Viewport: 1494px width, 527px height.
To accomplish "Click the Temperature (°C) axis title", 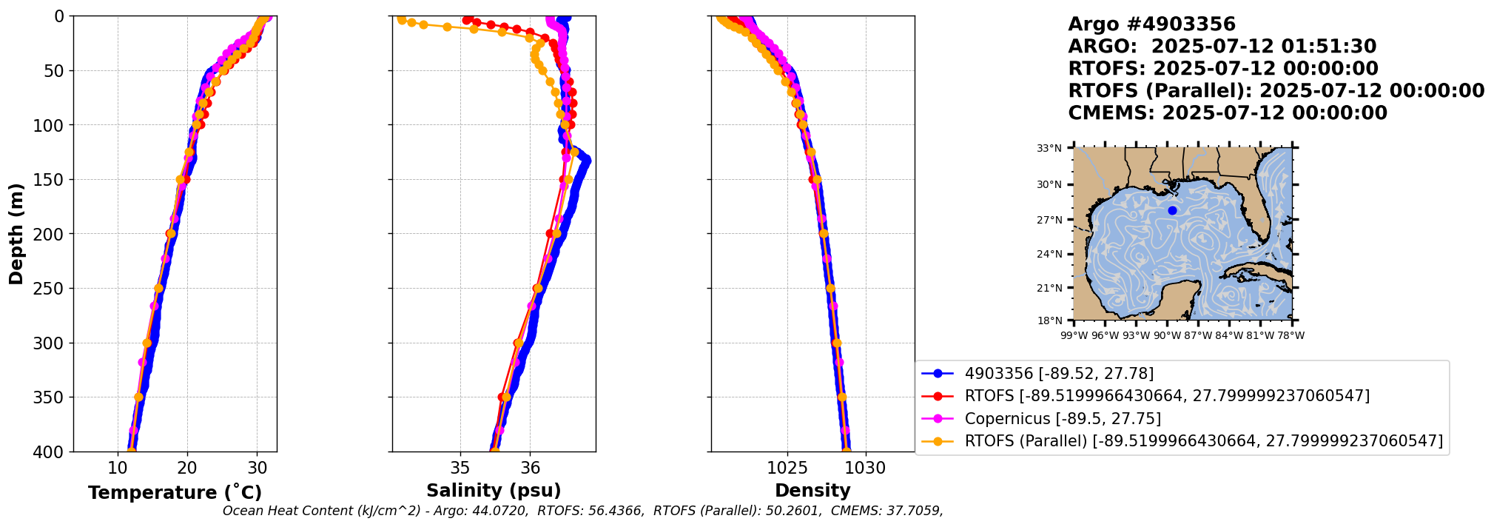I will [175, 493].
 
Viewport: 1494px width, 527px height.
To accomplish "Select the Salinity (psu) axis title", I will [494, 491].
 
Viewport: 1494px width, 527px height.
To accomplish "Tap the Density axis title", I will [812, 491].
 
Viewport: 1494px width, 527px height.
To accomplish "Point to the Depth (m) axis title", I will [16, 234].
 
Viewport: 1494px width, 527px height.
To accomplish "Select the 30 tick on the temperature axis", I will [257, 469].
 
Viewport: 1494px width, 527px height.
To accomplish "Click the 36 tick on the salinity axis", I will [530, 469].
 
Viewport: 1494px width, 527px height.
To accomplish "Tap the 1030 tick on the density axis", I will [865, 469].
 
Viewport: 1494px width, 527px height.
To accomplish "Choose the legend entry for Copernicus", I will [1062, 419].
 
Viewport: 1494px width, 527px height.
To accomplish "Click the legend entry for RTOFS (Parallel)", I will [1203, 441].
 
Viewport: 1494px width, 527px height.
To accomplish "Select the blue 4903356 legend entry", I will [1058, 374].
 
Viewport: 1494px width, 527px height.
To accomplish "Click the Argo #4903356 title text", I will [1151, 24].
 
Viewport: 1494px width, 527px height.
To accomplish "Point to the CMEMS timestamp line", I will [1227, 113].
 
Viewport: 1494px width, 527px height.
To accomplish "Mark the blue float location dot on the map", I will [1172, 211].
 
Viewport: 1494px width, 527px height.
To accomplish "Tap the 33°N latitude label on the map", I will [1049, 149].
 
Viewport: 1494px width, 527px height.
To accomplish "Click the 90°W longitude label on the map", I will [1167, 336].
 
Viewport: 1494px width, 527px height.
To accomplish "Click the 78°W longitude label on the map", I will [1291, 336].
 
